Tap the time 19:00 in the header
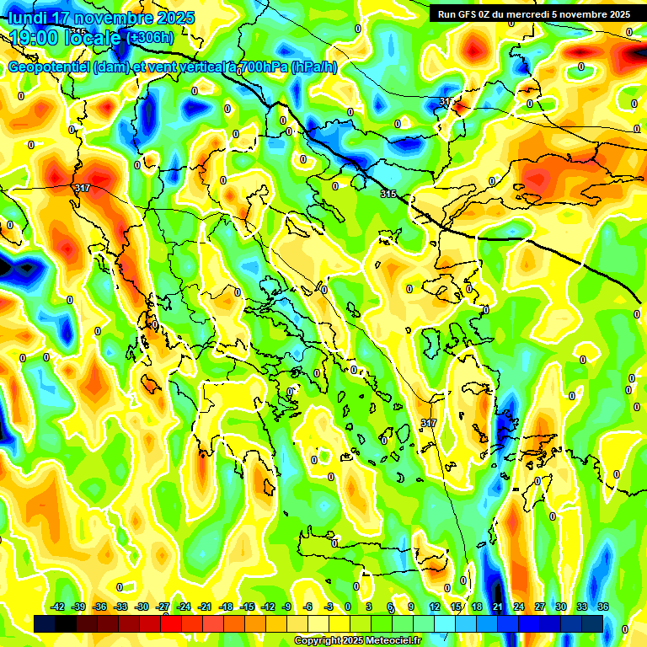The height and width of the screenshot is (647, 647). [x=32, y=38]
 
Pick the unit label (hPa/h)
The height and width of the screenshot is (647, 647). [x=314, y=67]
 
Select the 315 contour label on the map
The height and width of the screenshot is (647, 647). [x=388, y=194]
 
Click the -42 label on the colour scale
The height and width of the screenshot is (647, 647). [x=58, y=607]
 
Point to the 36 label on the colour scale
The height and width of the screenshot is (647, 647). [x=603, y=607]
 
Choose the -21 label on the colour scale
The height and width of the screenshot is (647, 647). [x=205, y=607]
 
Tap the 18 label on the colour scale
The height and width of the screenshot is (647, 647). [x=477, y=607]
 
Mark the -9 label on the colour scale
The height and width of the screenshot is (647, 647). [x=286, y=607]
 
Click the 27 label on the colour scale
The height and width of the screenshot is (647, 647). [x=540, y=607]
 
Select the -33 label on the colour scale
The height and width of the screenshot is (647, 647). [x=121, y=607]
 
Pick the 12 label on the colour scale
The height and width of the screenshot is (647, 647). [x=435, y=607]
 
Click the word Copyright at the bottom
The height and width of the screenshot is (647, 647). [x=320, y=640]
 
